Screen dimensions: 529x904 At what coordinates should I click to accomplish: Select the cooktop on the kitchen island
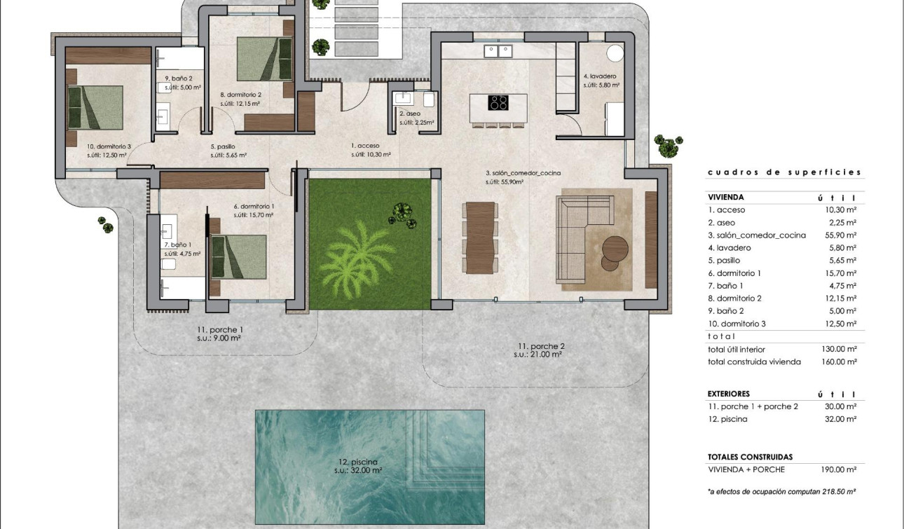pyautogui.click(x=498, y=103)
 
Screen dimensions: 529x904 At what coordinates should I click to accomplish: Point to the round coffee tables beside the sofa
pyautogui.click(x=615, y=253)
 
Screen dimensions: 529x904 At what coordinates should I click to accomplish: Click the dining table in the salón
pyautogui.click(x=481, y=238)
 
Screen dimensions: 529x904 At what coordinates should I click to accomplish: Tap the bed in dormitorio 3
pyautogui.click(x=95, y=107)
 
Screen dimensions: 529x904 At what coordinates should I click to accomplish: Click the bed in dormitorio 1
pyautogui.click(x=239, y=257)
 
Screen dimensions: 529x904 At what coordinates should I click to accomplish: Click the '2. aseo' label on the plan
pyautogui.click(x=410, y=113)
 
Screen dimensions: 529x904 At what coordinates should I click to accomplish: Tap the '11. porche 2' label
pyautogui.click(x=541, y=346)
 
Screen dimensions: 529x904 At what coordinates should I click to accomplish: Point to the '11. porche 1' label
pyautogui.click(x=219, y=329)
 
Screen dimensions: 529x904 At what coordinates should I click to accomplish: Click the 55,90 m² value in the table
pyautogui.click(x=840, y=235)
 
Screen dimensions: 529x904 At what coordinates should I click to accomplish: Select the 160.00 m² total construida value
pyautogui.click(x=839, y=362)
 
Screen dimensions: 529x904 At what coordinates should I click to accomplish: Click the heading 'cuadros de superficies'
pyautogui.click(x=784, y=172)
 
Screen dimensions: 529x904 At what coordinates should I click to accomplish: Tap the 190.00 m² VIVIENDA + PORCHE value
pyautogui.click(x=839, y=469)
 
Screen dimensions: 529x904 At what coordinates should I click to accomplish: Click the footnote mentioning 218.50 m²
pyautogui.click(x=782, y=492)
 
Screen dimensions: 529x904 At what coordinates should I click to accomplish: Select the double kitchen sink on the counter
pyautogui.click(x=498, y=51)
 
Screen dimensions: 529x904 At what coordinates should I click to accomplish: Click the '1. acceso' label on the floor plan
pyautogui.click(x=365, y=146)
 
